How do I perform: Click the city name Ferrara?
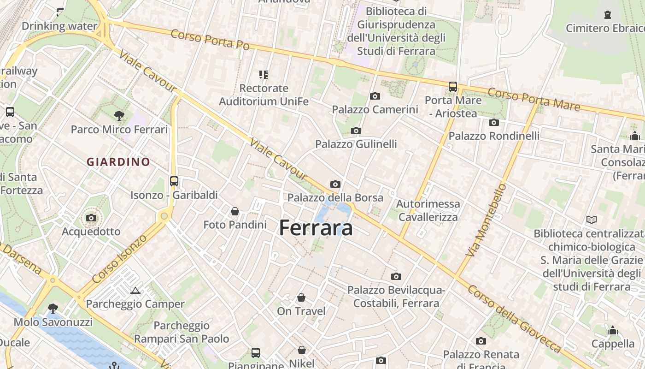tap(316, 228)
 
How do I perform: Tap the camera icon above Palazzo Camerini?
tap(375, 96)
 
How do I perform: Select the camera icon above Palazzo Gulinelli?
tap(356, 131)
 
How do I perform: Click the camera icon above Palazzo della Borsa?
tap(335, 184)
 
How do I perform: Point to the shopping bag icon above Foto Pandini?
tap(235, 211)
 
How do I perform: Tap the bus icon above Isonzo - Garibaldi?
tap(174, 181)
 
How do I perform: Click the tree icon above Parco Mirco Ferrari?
tap(119, 116)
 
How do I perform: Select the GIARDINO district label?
tap(118, 162)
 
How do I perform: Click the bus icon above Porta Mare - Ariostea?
tap(453, 86)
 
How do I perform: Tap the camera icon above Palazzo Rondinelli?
tap(494, 122)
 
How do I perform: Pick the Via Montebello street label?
tap(486, 220)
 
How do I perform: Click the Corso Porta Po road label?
tap(210, 40)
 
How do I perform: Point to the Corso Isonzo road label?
tap(119, 259)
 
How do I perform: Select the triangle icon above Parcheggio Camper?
tap(135, 291)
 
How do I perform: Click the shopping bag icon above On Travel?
tap(301, 298)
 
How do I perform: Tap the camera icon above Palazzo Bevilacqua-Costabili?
tap(396, 276)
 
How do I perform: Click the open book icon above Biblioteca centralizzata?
tap(592, 220)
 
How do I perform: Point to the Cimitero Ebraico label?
tap(605, 28)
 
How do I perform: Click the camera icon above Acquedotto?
tap(91, 218)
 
